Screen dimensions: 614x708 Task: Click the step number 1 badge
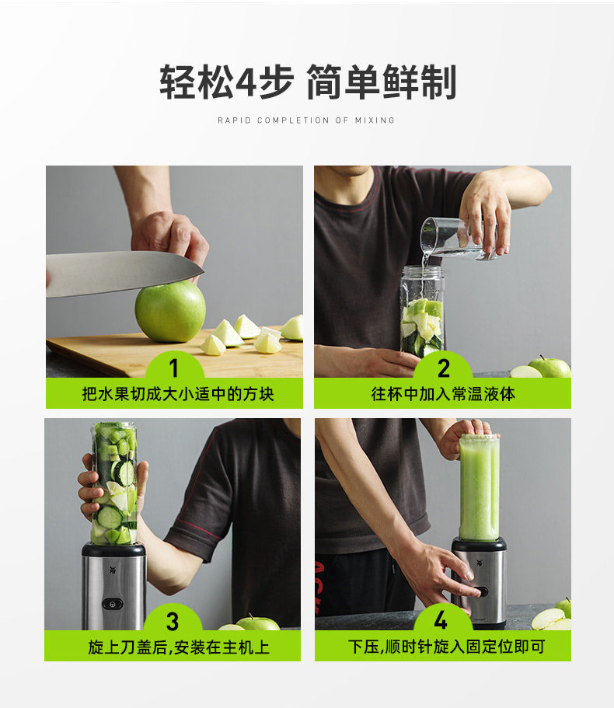click(x=174, y=367)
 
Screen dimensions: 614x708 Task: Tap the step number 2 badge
click(x=443, y=367)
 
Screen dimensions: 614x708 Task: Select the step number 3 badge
click(x=173, y=620)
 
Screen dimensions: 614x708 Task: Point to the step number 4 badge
click(x=441, y=619)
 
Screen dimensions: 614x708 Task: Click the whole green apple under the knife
click(x=170, y=311)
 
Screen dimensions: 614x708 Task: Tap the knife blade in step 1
click(x=122, y=273)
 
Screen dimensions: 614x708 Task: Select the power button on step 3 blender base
click(x=113, y=603)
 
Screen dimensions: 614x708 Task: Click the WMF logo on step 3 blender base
click(x=113, y=570)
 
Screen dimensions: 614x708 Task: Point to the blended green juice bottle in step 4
click(x=480, y=487)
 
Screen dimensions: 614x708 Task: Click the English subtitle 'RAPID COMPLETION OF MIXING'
click(x=306, y=120)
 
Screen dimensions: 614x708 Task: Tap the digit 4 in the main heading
click(x=246, y=82)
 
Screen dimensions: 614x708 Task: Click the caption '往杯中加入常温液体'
click(x=443, y=394)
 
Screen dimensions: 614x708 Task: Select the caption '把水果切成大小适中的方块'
click(x=178, y=394)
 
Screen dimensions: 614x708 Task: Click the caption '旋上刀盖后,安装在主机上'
click(x=179, y=647)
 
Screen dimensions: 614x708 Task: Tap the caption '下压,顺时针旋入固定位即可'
click(x=446, y=647)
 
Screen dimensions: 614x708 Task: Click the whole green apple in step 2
click(x=550, y=367)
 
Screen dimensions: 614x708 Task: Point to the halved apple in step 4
click(x=549, y=619)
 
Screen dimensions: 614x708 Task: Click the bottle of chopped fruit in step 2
click(x=422, y=312)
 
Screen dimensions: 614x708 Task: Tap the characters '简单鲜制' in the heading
click(x=382, y=82)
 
